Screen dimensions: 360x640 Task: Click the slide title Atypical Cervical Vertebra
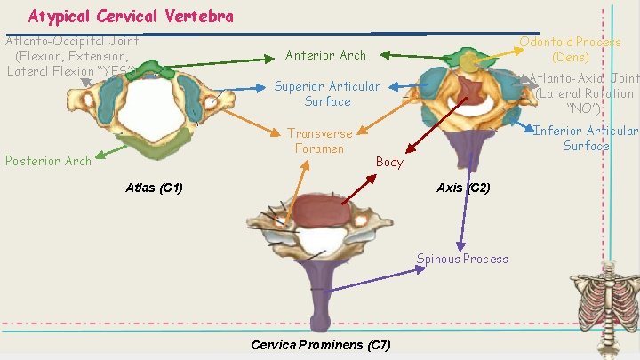point(131,16)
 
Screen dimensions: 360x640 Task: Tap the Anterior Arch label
point(325,55)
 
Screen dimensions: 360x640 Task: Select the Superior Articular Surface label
point(326,94)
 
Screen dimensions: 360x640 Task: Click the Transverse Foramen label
point(319,140)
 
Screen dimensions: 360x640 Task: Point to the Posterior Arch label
point(48,161)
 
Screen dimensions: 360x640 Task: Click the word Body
point(389,162)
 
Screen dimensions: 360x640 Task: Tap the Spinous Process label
point(462,259)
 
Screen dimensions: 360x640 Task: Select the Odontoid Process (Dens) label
point(570,49)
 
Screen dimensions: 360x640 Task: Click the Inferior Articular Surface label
point(585,139)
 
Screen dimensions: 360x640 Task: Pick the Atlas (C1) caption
point(154,188)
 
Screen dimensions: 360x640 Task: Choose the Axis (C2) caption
point(463,188)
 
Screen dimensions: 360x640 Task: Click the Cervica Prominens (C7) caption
point(320,344)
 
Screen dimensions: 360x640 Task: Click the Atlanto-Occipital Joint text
point(71,55)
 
